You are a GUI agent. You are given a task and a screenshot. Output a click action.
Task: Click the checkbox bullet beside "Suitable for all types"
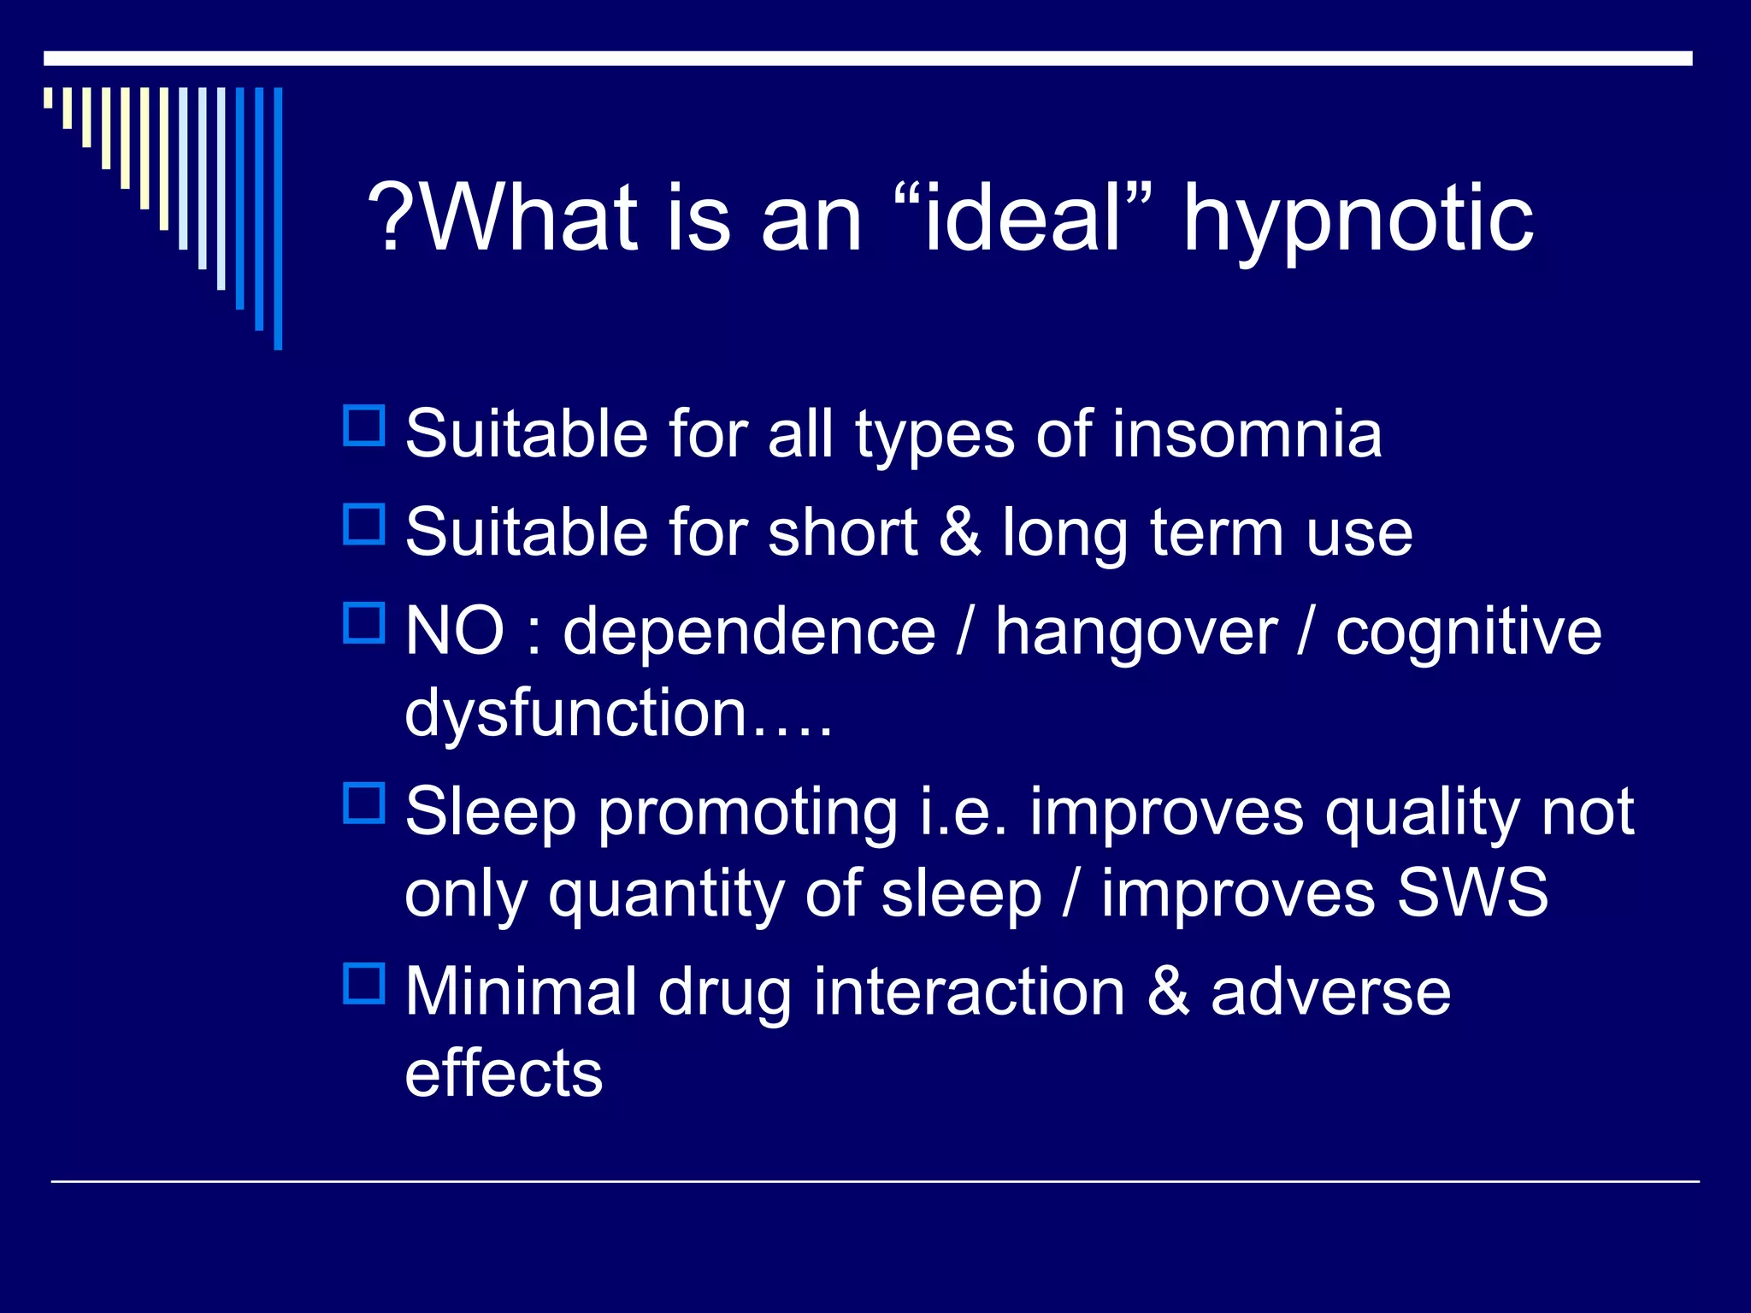[364, 425]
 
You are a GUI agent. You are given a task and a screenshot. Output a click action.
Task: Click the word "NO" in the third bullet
[455, 631]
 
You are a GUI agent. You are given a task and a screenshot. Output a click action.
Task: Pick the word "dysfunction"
[577, 713]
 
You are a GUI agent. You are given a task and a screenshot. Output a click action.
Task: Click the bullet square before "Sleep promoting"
[364, 803]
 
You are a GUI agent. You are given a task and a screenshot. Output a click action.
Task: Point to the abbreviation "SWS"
[1472, 892]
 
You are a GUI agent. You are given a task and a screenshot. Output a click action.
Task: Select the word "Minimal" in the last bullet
[522, 992]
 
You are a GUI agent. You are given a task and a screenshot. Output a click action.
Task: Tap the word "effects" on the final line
[504, 1073]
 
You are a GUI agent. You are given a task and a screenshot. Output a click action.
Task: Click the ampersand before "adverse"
[1168, 992]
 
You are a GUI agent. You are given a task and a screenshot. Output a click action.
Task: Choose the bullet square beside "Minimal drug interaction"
[364, 983]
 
